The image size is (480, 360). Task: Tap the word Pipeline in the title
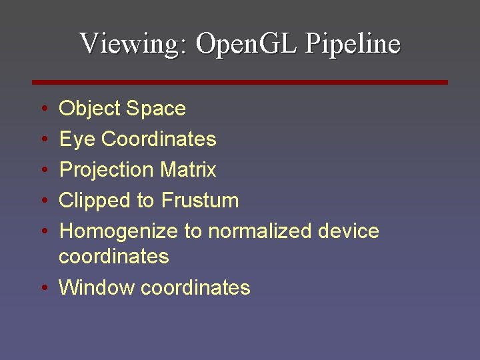click(x=353, y=44)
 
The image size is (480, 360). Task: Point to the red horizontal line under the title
click(x=240, y=82)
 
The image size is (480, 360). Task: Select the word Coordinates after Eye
click(x=159, y=139)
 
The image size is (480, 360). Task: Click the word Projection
click(x=107, y=170)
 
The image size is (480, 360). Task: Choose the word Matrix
click(x=188, y=170)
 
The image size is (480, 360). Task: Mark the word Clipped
click(x=97, y=201)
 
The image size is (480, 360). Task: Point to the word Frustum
click(x=200, y=201)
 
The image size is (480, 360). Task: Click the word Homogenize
click(x=119, y=231)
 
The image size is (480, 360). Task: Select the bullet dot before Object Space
click(x=43, y=109)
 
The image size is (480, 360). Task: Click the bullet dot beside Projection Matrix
click(x=43, y=170)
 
